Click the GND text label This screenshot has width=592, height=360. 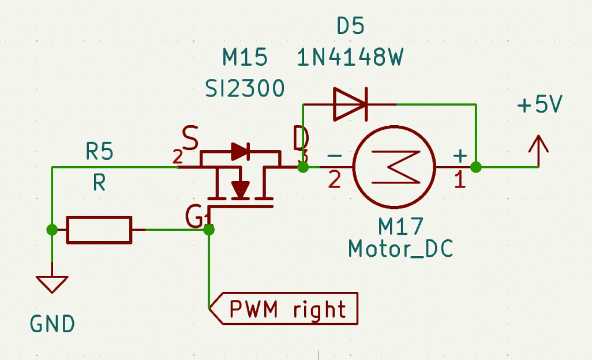point(53,324)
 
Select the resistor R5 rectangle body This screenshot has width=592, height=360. point(99,230)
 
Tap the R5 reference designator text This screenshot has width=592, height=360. point(100,152)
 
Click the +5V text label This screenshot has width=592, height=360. point(539,106)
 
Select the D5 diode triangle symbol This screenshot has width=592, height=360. point(350,104)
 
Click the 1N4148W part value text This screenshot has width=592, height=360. point(350,58)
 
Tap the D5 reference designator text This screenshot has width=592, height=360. point(350,26)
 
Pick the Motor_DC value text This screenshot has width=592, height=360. point(400,249)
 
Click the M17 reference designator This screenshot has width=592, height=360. point(401,224)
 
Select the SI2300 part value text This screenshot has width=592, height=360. point(245,88)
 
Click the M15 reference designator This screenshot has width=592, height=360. point(245,58)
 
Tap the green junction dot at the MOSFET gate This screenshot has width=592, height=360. point(209,230)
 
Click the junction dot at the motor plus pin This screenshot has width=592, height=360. point(475,167)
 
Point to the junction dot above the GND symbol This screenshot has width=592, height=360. point(52,230)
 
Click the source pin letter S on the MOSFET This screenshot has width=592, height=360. point(190,137)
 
